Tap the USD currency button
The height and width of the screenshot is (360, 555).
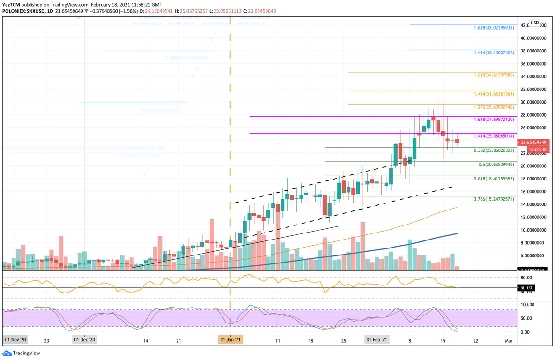[x=534, y=22]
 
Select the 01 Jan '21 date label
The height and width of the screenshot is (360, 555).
[x=231, y=339]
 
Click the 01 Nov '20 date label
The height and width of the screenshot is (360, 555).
[x=16, y=339]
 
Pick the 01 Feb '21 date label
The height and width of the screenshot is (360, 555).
[x=377, y=339]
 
